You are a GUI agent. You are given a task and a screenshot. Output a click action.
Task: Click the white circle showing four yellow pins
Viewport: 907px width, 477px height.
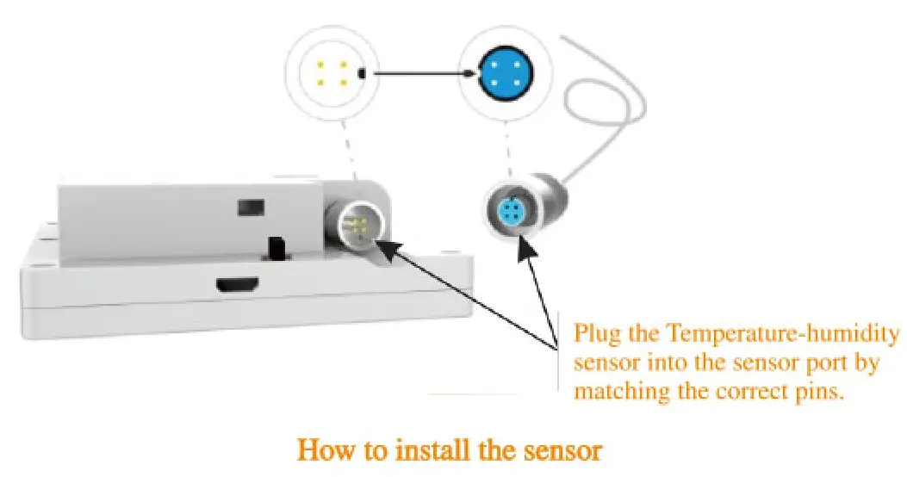pos(331,74)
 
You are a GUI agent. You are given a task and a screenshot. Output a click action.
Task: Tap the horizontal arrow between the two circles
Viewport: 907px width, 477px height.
pos(422,74)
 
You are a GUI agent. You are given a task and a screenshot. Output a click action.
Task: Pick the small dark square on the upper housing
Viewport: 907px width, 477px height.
pos(250,207)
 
